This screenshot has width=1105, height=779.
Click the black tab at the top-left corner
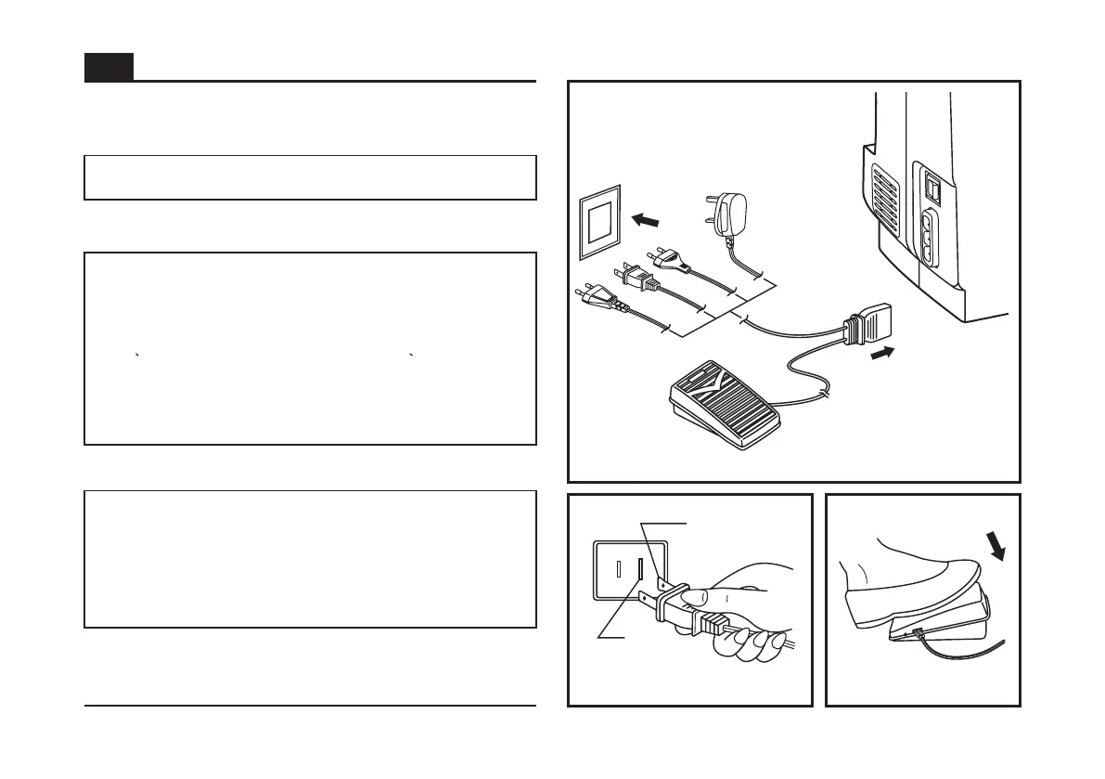coord(109,67)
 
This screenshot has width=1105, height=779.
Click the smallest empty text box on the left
coord(310,177)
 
